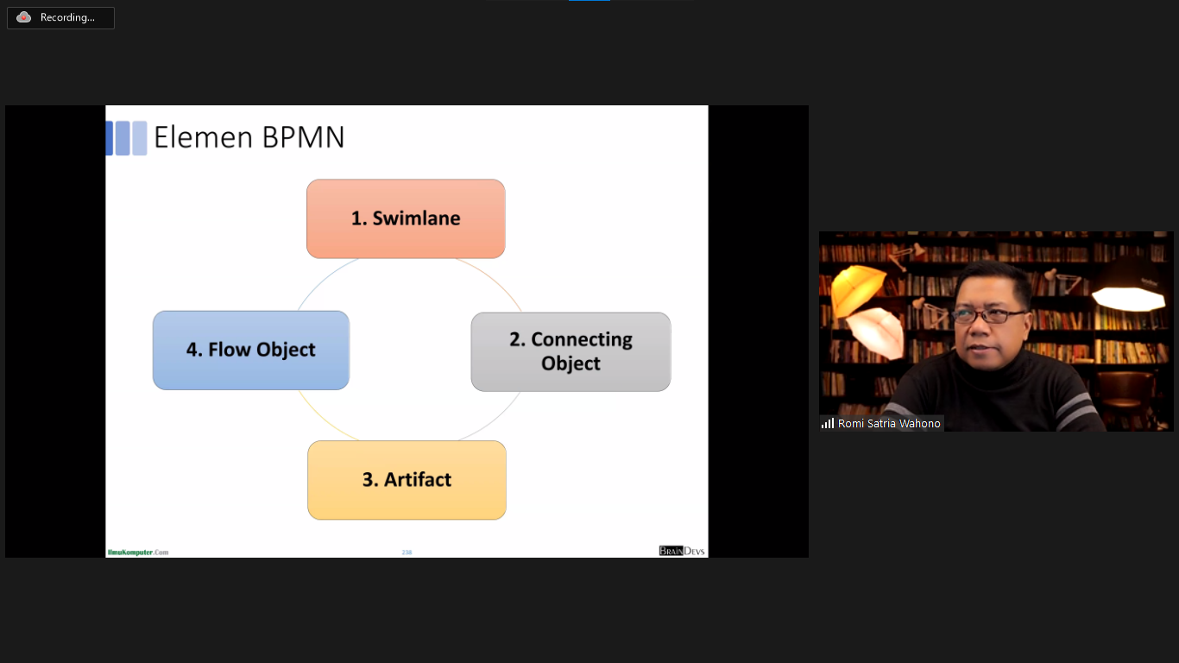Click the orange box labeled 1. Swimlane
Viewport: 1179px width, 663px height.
pos(406,218)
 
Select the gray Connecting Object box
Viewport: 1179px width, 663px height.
pos(571,351)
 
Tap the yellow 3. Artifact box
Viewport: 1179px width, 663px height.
pos(407,480)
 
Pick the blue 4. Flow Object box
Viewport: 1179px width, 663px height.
pos(251,350)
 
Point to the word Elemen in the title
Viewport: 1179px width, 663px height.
pos(204,137)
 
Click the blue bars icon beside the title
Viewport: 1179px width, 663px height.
pos(126,138)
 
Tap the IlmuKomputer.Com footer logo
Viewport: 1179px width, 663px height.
pos(138,552)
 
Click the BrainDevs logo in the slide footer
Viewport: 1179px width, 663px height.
pos(682,551)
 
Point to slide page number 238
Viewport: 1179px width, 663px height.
pos(407,552)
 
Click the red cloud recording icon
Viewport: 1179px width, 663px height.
pos(24,17)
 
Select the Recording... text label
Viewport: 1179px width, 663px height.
pos(67,17)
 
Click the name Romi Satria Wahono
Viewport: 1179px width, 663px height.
pos(889,424)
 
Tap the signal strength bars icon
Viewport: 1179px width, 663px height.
pos(828,423)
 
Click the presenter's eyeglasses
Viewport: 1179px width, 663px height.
pos(991,316)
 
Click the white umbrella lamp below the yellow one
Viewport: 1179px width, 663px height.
pos(873,332)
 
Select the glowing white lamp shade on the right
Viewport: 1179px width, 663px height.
pos(1128,294)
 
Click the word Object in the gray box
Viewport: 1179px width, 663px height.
pos(571,363)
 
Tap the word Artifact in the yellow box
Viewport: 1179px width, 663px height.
pos(419,480)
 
